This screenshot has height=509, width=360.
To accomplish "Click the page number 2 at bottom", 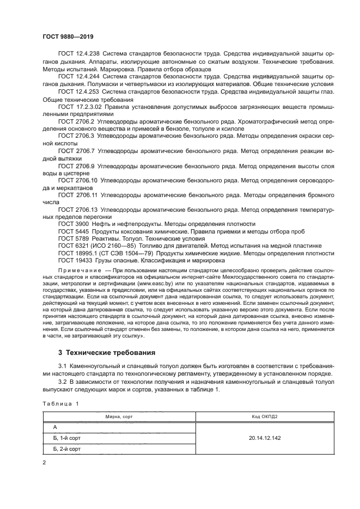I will pyautogui.click(x=45, y=462).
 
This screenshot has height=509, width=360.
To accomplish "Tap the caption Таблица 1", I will pyautogui.click(x=60, y=404).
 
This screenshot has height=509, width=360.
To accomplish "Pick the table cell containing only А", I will pyautogui.click(x=55, y=428).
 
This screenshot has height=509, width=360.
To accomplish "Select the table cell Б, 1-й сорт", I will pyautogui.click(x=67, y=438).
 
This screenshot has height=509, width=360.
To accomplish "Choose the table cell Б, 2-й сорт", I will pyautogui.click(x=67, y=449).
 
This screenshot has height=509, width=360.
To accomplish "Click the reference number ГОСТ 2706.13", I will pyautogui.click(x=78, y=208).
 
